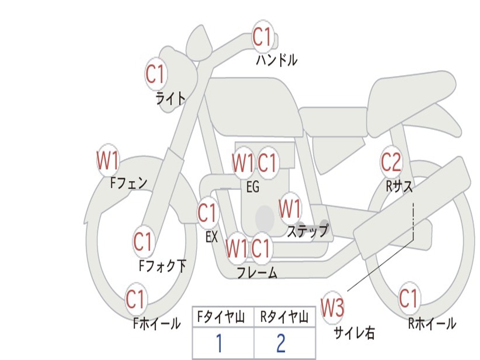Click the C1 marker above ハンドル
pyautogui.click(x=262, y=37)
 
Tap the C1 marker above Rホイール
pyautogui.click(x=408, y=299)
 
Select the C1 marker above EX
pyautogui.click(x=207, y=213)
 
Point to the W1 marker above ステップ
pyautogui.click(x=290, y=209)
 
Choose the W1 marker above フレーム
pyautogui.click(x=236, y=248)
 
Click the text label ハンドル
pyautogui.click(x=277, y=60)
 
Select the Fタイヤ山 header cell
pyautogui.click(x=223, y=318)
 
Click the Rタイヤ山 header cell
pyautogui.click(x=285, y=318)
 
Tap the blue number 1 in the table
pyautogui.click(x=219, y=344)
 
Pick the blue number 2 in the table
pyautogui.click(x=281, y=344)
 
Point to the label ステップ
pyautogui.click(x=307, y=231)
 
